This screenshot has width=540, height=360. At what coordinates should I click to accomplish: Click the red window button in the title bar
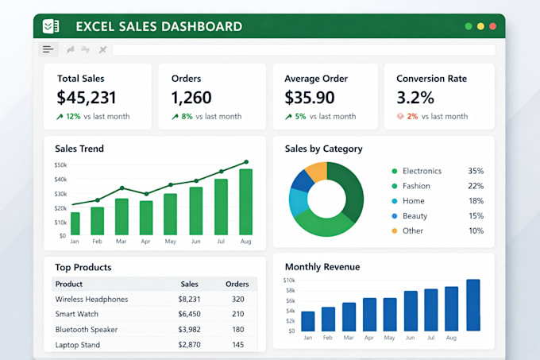(493, 26)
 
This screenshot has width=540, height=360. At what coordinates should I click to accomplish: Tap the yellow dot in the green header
(480, 26)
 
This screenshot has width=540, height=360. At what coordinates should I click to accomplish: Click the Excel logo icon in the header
(51, 26)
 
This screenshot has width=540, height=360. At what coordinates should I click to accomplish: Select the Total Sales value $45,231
(87, 98)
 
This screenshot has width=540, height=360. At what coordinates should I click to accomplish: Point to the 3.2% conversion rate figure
(415, 98)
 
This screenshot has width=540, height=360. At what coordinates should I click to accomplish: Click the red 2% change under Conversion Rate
(412, 117)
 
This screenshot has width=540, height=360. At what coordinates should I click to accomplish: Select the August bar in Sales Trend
(246, 202)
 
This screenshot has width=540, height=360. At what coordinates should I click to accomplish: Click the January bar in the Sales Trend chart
(75, 223)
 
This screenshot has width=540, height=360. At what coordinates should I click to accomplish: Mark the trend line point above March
(122, 188)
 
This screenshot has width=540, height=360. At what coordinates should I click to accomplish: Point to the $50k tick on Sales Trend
(60, 165)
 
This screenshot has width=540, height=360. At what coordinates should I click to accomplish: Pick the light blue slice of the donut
(298, 202)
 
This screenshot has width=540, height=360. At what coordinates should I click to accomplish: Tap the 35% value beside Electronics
(476, 171)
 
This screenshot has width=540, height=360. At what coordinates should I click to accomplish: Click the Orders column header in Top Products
(237, 284)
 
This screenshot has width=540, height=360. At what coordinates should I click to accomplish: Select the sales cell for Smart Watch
(189, 314)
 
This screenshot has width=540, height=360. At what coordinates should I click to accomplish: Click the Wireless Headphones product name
(91, 299)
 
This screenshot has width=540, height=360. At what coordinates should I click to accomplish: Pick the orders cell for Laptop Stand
(237, 344)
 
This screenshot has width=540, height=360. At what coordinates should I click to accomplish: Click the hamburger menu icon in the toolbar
(48, 49)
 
